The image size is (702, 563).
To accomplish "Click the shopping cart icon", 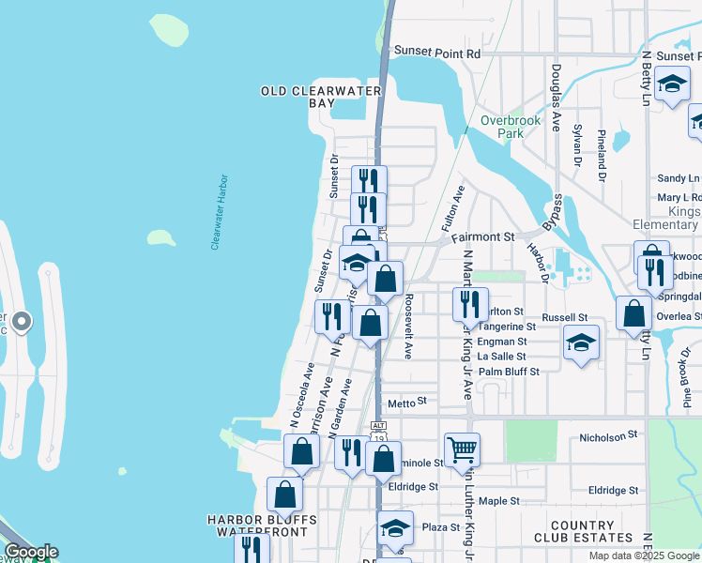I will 462,449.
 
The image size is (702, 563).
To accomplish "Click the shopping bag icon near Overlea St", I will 634,313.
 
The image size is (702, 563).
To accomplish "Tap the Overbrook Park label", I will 502,127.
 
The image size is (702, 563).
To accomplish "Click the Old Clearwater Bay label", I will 321,97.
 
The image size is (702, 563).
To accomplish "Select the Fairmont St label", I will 483,237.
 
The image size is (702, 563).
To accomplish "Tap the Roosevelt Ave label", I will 409,325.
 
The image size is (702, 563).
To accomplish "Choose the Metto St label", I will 407,401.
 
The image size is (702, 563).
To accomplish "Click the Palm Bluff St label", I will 509,372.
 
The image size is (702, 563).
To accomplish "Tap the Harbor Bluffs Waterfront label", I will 262,525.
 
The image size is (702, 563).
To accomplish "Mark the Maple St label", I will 498,501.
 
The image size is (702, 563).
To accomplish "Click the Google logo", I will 30,552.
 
